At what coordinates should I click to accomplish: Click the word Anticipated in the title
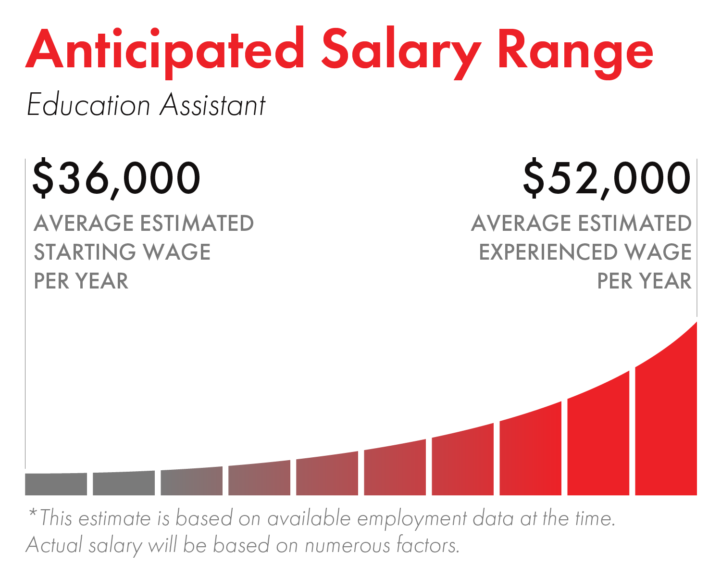pos(165,52)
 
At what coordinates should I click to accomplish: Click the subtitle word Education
pos(88,104)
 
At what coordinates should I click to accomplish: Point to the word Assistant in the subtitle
pos(213,104)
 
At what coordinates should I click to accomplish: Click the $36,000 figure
pos(116,178)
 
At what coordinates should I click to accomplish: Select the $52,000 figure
pos(607,178)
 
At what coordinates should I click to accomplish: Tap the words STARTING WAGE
pos(122,252)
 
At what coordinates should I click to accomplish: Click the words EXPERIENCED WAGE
pos(585,252)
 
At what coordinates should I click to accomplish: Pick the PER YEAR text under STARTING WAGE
pos(81,281)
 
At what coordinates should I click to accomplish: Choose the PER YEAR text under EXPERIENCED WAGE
pos(644,281)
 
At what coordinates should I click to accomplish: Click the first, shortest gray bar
pos(56,484)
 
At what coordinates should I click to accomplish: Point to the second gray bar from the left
pos(124,483)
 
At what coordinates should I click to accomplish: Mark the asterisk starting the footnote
pos(33,513)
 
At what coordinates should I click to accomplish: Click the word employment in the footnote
pos(412,519)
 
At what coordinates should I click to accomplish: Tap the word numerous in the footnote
pos(348,545)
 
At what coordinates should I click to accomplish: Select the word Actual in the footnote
pos(54,545)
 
